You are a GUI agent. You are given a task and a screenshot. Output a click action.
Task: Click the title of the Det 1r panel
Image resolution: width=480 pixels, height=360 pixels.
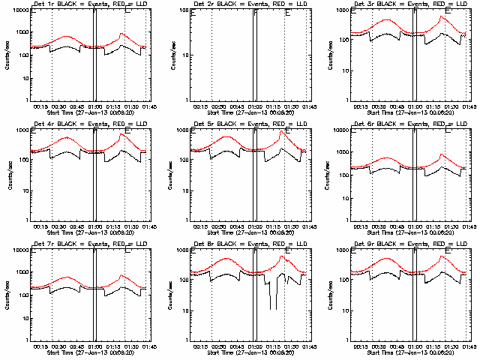click(87, 5)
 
